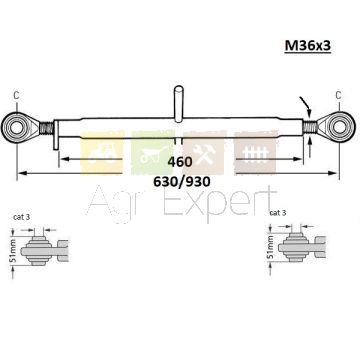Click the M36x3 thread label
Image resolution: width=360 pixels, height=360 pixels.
307,46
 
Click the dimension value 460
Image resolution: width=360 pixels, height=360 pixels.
180,162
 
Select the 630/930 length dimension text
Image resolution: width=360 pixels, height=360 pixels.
182,182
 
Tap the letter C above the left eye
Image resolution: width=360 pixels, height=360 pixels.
16,96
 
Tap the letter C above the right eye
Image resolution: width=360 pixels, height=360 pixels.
338,96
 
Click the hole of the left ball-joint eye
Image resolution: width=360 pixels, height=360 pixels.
16,127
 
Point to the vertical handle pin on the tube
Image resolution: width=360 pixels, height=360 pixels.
178,103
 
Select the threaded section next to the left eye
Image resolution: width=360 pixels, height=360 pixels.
46,128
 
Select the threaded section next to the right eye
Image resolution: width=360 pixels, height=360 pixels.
310,127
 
